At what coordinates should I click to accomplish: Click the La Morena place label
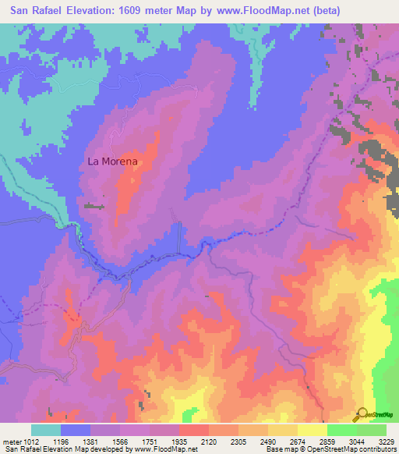(112, 161)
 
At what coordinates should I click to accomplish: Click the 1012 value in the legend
(26, 442)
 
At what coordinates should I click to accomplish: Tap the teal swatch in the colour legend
(46, 430)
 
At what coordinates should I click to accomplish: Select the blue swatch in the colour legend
(76, 430)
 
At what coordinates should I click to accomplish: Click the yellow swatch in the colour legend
(312, 430)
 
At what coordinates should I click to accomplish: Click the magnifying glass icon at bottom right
(361, 414)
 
